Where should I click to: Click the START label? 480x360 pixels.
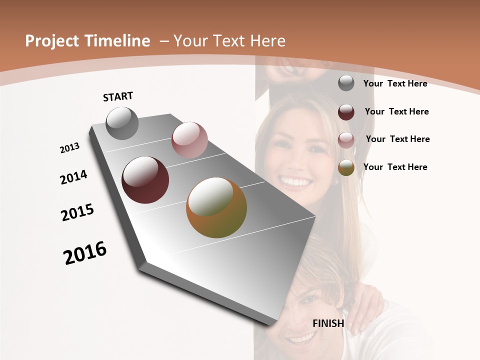(x=118, y=96)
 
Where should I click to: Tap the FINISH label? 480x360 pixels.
(x=328, y=323)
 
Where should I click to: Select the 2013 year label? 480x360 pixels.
(x=69, y=148)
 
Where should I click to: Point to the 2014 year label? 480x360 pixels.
(x=73, y=177)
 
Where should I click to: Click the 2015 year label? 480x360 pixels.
(x=77, y=212)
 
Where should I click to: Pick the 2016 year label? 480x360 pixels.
(x=85, y=253)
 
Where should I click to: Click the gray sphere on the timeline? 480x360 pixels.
(x=122, y=123)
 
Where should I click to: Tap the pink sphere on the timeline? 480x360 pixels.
(x=189, y=140)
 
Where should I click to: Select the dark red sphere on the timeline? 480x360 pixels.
(x=145, y=180)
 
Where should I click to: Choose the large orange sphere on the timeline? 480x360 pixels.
(x=216, y=207)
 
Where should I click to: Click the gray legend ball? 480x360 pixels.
(x=346, y=83)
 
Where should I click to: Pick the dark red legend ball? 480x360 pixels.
(x=346, y=111)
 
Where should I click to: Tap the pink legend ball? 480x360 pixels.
(x=346, y=139)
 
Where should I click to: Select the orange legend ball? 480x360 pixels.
(x=346, y=167)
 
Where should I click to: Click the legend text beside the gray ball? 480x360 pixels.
(x=395, y=83)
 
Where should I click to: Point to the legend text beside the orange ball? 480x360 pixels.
(x=395, y=167)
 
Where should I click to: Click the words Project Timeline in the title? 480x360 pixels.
(x=87, y=41)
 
